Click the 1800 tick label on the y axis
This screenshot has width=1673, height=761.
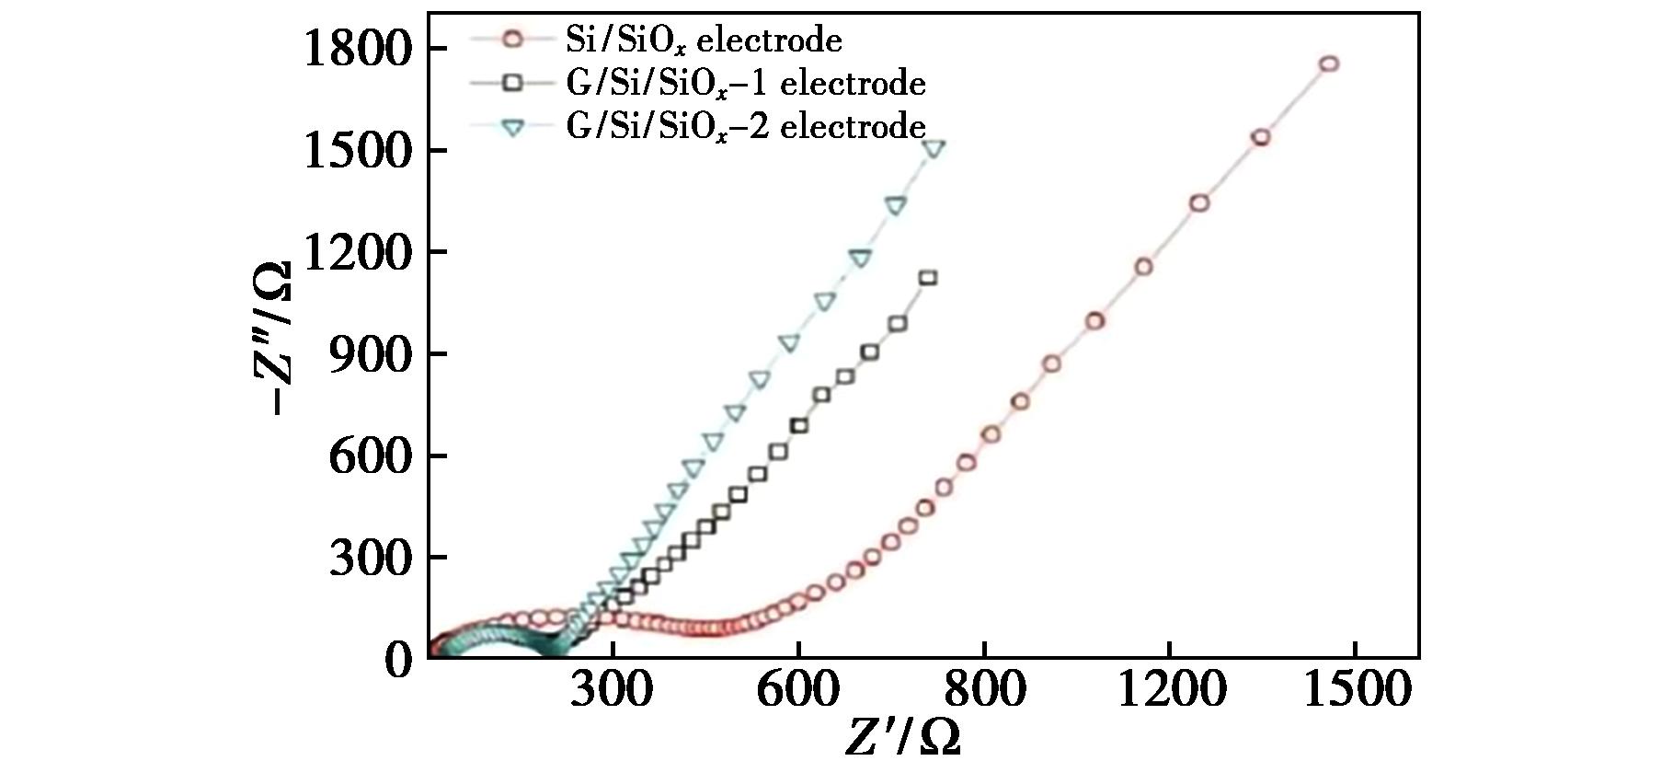click(x=354, y=50)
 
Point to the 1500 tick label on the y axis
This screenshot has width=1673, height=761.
click(x=354, y=151)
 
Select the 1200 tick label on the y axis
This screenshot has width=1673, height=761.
click(x=354, y=253)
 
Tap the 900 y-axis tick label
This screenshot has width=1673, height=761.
click(x=369, y=355)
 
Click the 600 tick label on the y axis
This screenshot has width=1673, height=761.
click(x=369, y=456)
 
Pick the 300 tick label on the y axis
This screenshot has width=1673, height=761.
click(x=369, y=559)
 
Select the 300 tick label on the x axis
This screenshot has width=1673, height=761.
click(x=613, y=690)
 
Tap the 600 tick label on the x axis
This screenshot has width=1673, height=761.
click(x=798, y=690)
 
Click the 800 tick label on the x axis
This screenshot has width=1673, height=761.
click(x=984, y=690)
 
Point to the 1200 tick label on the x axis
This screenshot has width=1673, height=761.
click(x=1170, y=690)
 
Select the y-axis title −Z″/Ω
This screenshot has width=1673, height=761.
click(x=273, y=339)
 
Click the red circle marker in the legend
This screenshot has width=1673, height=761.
click(x=512, y=40)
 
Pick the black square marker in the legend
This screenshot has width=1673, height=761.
click(x=512, y=83)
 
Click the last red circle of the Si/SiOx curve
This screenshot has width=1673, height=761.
click(x=1328, y=63)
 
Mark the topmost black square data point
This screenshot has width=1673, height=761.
click(x=928, y=278)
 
